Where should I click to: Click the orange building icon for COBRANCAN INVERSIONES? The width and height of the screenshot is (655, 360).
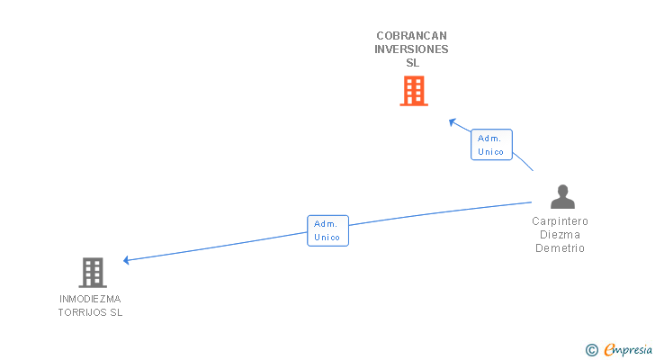click(x=413, y=91)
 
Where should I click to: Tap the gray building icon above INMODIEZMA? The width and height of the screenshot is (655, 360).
click(x=93, y=272)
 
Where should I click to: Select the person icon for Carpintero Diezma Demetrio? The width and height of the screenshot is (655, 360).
click(x=561, y=197)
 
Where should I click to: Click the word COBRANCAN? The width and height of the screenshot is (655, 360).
click(x=411, y=36)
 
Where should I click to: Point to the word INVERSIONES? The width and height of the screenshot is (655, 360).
click(x=411, y=49)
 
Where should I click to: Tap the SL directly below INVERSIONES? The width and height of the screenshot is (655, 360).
click(x=412, y=63)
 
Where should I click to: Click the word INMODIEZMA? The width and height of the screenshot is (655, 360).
click(x=90, y=299)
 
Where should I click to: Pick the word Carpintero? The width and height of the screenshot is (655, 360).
click(x=560, y=221)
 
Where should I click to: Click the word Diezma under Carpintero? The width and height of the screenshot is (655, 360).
click(x=560, y=235)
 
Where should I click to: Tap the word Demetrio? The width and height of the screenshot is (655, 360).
click(x=560, y=248)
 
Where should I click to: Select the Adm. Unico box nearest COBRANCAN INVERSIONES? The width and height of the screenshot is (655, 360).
click(x=491, y=145)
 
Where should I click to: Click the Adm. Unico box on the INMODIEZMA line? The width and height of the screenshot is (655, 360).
click(x=327, y=230)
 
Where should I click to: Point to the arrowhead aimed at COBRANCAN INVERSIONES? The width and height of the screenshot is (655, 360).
click(x=453, y=122)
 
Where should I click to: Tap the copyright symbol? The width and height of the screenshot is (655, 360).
click(x=592, y=349)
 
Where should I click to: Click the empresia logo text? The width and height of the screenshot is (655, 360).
click(x=628, y=349)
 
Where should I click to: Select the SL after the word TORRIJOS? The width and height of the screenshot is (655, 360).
click(x=116, y=312)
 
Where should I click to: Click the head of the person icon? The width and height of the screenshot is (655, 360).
click(x=562, y=190)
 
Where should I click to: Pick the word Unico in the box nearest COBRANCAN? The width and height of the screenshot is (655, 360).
click(x=491, y=151)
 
